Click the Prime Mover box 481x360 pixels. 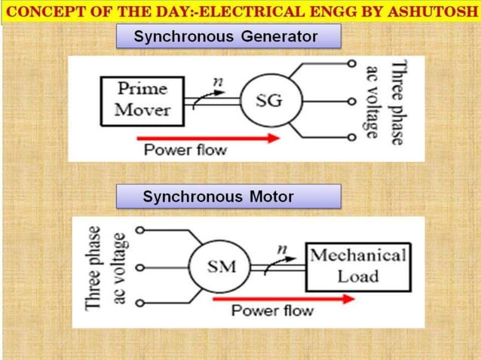tap(142, 100)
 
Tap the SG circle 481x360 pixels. tap(269, 102)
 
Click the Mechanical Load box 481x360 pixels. tap(357, 264)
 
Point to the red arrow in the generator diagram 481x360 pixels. tap(207, 138)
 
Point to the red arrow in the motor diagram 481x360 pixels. tap(283, 298)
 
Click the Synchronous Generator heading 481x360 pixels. tap(225, 37)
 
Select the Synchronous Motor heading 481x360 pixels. tap(218, 197)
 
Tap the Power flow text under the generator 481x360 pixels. tap(185, 149)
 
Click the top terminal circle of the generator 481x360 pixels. tap(351, 64)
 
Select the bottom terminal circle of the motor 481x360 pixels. tap(139, 304)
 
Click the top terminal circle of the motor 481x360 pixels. tap(139, 229)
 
